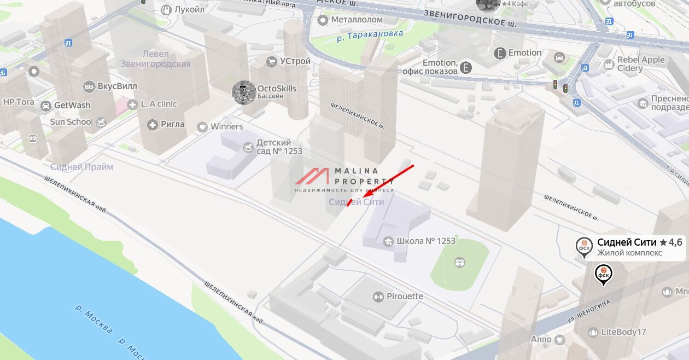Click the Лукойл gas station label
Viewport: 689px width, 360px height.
pos(189,9)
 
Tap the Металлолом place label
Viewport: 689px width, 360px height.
pos(357,20)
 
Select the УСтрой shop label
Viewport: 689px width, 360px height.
pos(295,61)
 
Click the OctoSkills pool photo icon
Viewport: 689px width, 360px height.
pos(244,92)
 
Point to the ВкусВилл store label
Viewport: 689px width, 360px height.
pos(117,86)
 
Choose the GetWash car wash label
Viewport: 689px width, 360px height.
pos(72,105)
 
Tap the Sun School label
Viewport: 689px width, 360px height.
pos(72,121)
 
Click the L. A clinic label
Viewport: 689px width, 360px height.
pos(159,104)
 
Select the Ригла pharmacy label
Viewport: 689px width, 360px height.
pos(172,124)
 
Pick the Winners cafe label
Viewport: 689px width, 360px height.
pos(226,126)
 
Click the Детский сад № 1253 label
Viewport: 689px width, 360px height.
pos(279,147)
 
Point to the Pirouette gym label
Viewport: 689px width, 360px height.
pos(405,297)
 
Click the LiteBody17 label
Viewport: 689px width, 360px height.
pos(623,332)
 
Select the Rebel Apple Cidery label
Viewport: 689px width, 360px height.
pos(640,64)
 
